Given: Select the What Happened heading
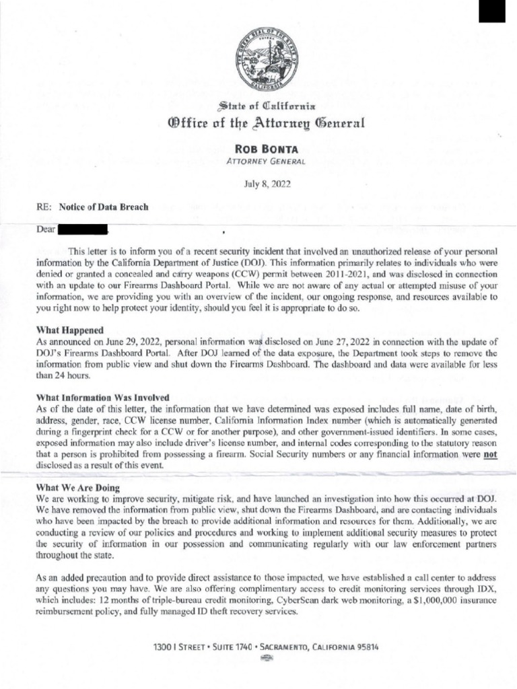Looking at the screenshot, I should pos(69,330).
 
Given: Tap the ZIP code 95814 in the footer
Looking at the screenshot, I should pos(364,647).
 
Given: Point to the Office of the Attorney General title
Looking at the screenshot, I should pos(258,123).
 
